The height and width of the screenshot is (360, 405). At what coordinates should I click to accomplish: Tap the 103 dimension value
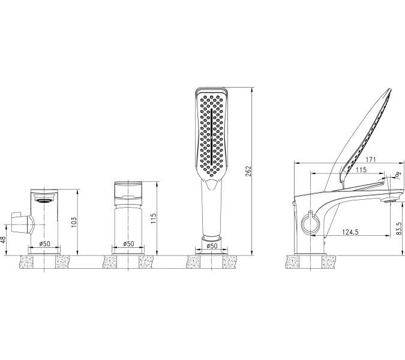(x=75, y=221)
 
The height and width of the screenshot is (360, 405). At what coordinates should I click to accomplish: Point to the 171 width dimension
(x=354, y=160)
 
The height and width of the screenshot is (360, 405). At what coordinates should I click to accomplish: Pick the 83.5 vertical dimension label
(x=399, y=229)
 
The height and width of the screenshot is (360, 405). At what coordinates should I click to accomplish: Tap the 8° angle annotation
(x=397, y=175)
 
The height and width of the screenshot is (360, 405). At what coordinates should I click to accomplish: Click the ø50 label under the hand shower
(x=212, y=247)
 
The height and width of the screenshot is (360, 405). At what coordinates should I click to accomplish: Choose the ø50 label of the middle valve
(x=128, y=244)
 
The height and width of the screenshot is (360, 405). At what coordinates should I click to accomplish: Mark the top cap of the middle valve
(x=128, y=190)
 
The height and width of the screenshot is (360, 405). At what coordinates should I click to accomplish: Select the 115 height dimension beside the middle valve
(x=154, y=218)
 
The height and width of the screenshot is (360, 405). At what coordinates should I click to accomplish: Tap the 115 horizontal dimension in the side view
(x=360, y=170)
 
